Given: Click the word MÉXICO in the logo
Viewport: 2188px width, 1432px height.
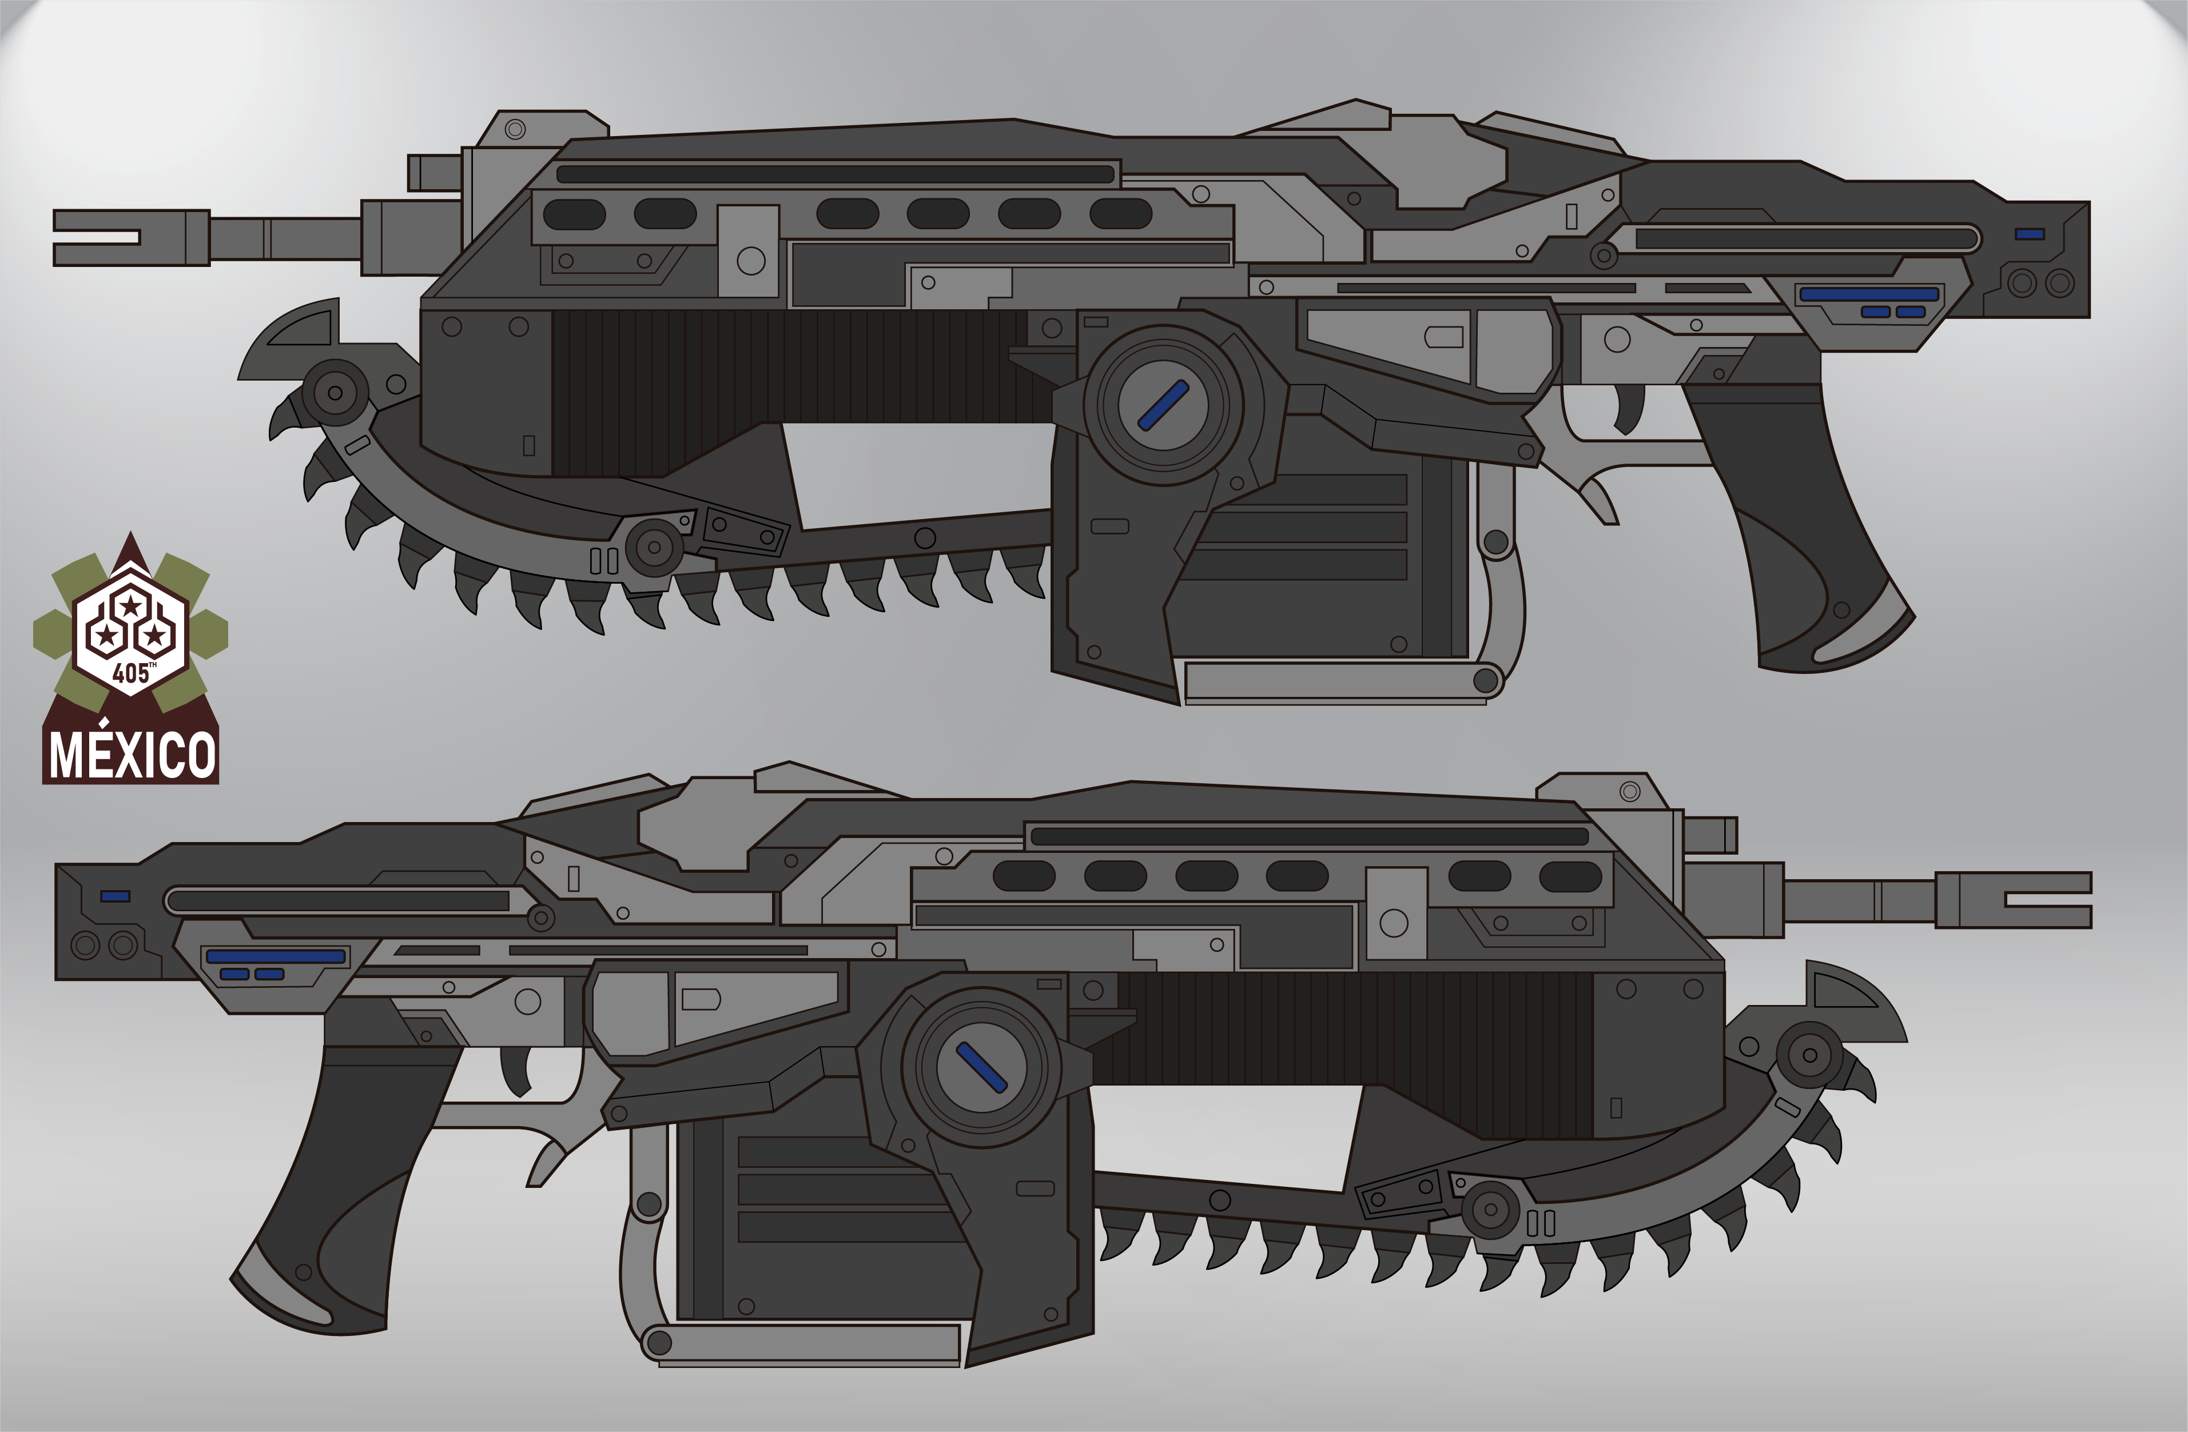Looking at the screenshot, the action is coord(132,756).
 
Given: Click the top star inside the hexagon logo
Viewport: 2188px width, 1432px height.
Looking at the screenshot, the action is coord(132,606).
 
